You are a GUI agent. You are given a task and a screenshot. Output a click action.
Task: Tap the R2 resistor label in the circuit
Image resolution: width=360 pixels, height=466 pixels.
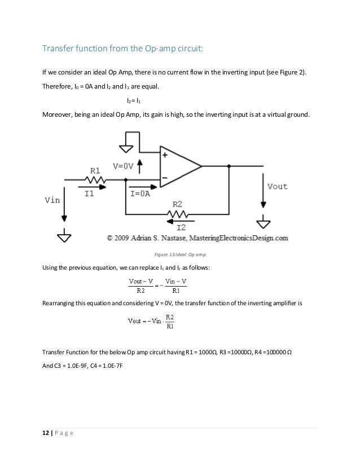click(x=177, y=204)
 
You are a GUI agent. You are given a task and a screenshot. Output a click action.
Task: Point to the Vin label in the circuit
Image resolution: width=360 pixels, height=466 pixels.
click(x=52, y=199)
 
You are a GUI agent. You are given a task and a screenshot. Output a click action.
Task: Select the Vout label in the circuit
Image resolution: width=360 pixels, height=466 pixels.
click(x=277, y=186)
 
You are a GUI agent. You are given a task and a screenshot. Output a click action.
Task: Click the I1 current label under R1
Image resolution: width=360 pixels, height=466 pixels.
click(x=89, y=193)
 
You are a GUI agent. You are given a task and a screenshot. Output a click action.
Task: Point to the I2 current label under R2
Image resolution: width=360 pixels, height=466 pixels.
click(x=182, y=227)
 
